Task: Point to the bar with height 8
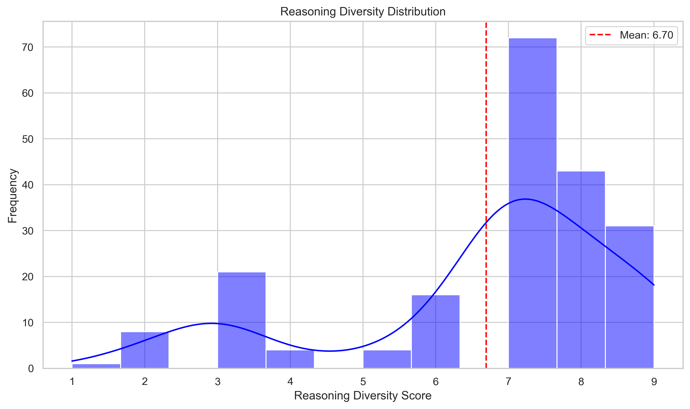[x=144, y=350]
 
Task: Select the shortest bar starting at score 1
[x=96, y=366]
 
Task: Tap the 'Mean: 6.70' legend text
[x=646, y=35]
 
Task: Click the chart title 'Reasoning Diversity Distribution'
[x=363, y=12]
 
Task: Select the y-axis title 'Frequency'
[x=13, y=196]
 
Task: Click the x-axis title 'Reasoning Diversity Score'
[x=363, y=395]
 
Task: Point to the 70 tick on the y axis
[x=28, y=47]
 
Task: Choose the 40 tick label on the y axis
[x=28, y=185]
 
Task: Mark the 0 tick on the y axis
[x=31, y=369]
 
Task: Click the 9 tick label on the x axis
[x=654, y=382]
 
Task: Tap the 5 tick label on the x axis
[x=363, y=382]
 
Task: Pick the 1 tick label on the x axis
[x=72, y=382]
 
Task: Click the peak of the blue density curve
[x=525, y=199]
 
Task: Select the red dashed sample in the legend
[x=600, y=35]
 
